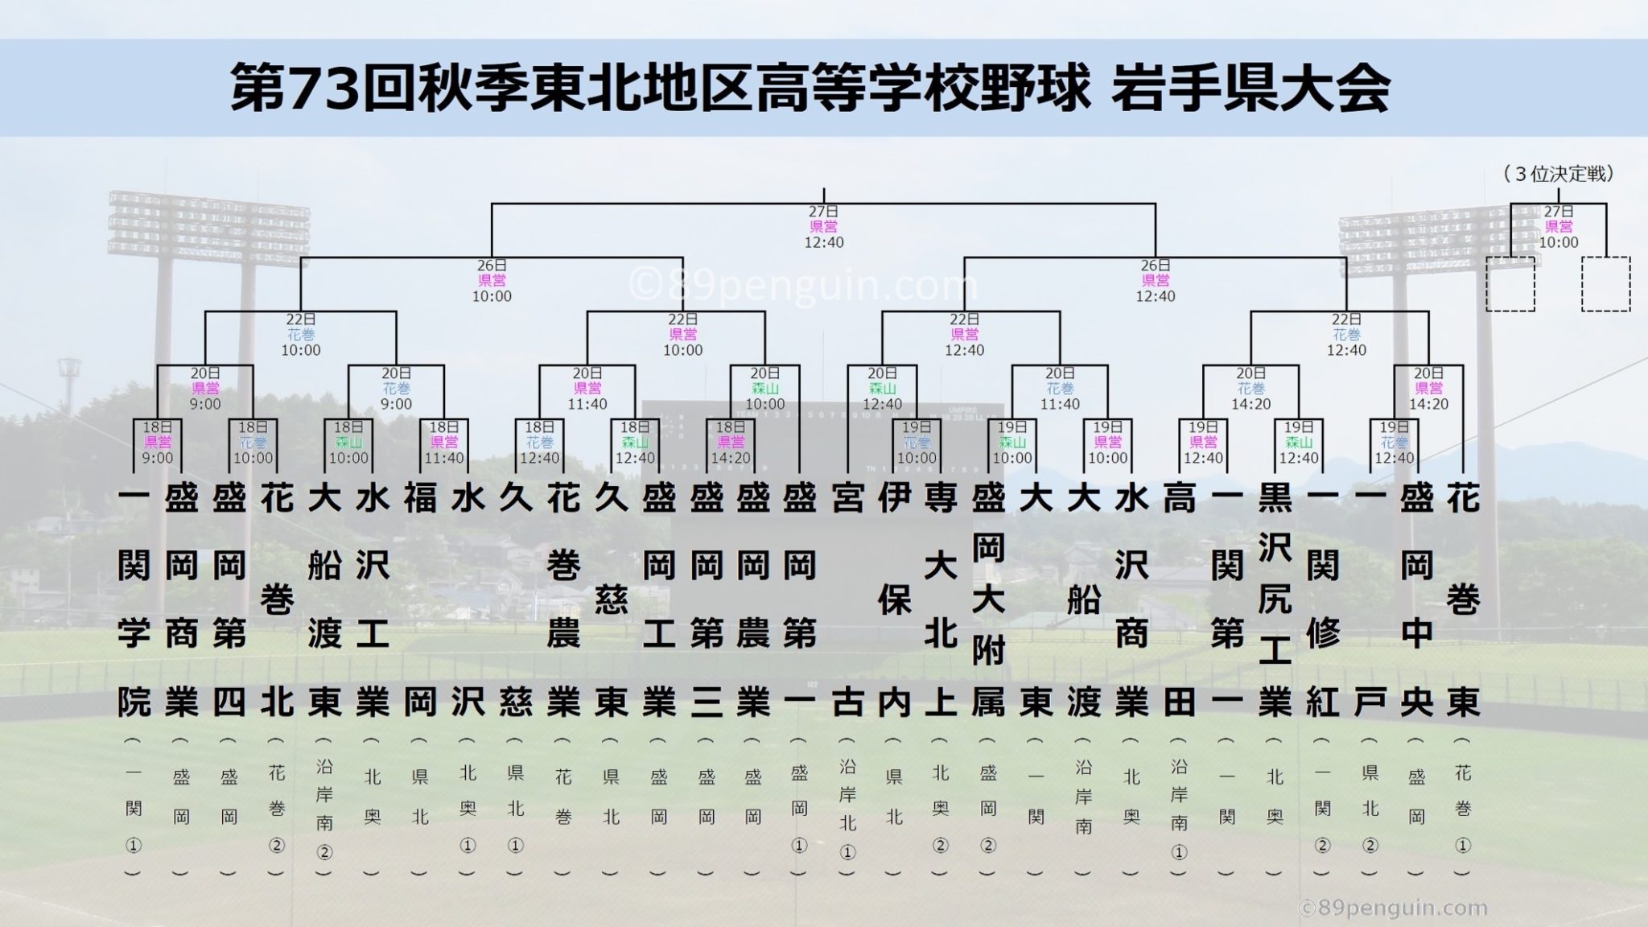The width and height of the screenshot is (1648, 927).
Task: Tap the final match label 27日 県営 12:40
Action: (x=824, y=227)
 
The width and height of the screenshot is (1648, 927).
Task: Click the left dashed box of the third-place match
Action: (x=1510, y=284)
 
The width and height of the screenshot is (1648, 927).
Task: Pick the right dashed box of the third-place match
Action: (x=1605, y=284)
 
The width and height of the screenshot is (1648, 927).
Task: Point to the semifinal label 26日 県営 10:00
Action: (x=492, y=281)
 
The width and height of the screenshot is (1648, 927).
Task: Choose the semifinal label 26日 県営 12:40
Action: (x=1156, y=281)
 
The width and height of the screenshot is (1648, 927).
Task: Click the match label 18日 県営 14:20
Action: (x=730, y=443)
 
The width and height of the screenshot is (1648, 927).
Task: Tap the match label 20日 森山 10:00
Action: (x=764, y=389)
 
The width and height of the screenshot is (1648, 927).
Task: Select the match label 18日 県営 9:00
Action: (x=158, y=443)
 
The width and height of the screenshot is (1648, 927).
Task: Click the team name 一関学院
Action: (x=134, y=599)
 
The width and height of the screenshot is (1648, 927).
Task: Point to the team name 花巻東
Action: (x=1464, y=599)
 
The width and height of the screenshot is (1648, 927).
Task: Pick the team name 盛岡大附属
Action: (x=988, y=599)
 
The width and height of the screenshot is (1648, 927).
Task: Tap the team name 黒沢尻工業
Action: (x=1275, y=599)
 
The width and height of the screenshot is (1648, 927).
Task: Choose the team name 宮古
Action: (x=847, y=599)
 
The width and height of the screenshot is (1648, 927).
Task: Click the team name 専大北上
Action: (x=940, y=599)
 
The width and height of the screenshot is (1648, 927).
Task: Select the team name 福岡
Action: (x=420, y=599)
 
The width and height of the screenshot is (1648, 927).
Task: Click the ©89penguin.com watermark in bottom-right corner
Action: (x=1393, y=908)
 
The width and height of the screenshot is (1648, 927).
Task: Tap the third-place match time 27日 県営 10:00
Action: (x=1559, y=227)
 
